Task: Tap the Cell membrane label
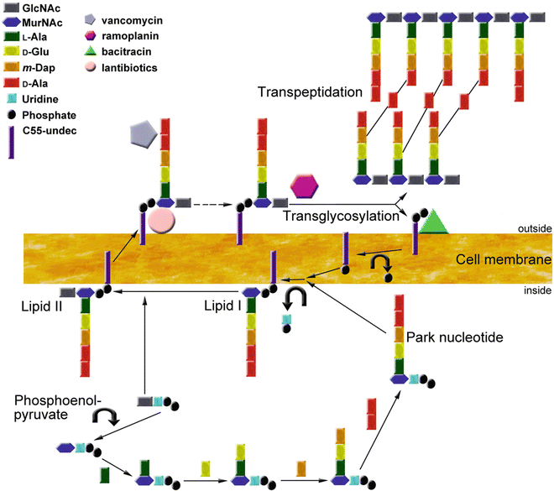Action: [503, 260]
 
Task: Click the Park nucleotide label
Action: [454, 337]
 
